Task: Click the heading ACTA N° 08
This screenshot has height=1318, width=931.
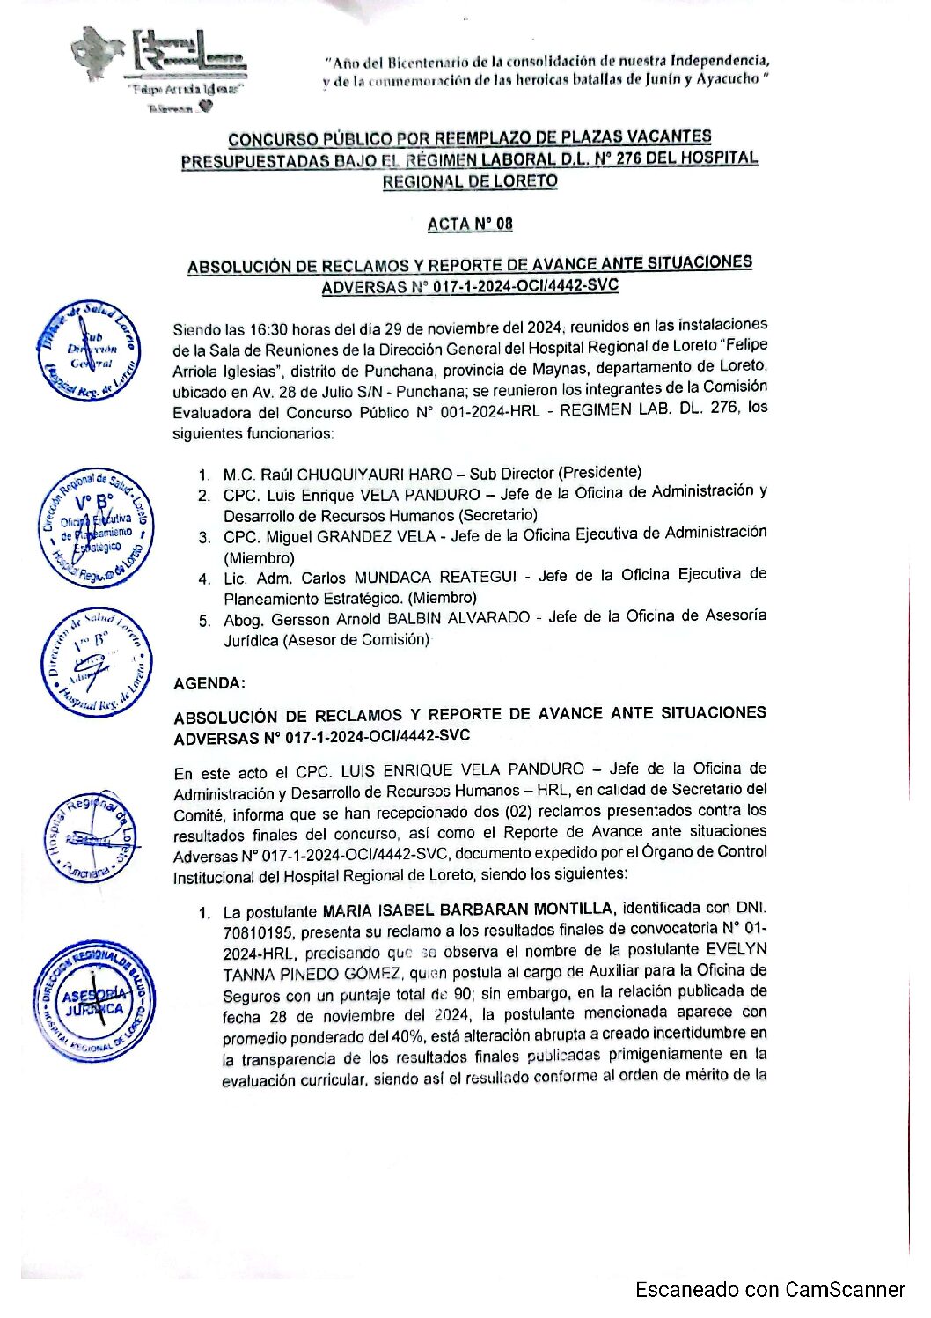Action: point(469,224)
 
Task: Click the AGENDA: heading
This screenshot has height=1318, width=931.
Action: point(210,683)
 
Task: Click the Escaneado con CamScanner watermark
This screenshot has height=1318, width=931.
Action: point(771,1289)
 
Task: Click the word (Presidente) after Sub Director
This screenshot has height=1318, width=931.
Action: point(600,472)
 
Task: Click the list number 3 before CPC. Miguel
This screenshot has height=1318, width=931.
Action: point(204,536)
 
